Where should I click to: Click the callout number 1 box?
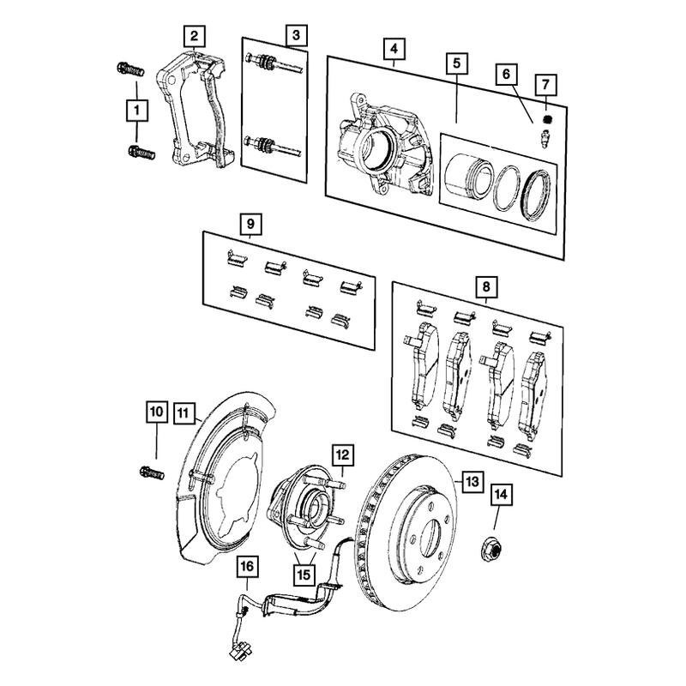click(x=135, y=110)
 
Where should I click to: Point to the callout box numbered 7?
click(x=545, y=84)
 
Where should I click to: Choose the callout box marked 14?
click(x=500, y=495)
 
